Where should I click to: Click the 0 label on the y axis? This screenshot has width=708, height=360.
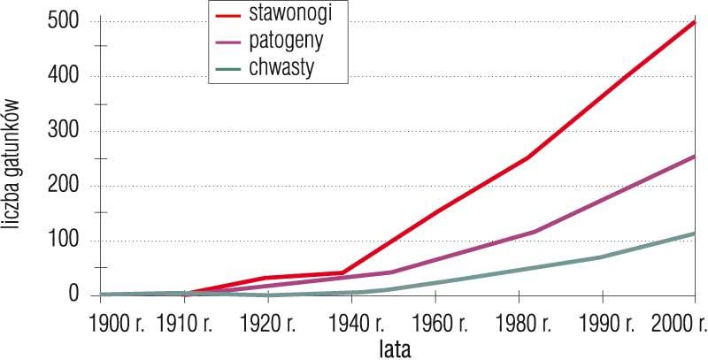74,295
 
